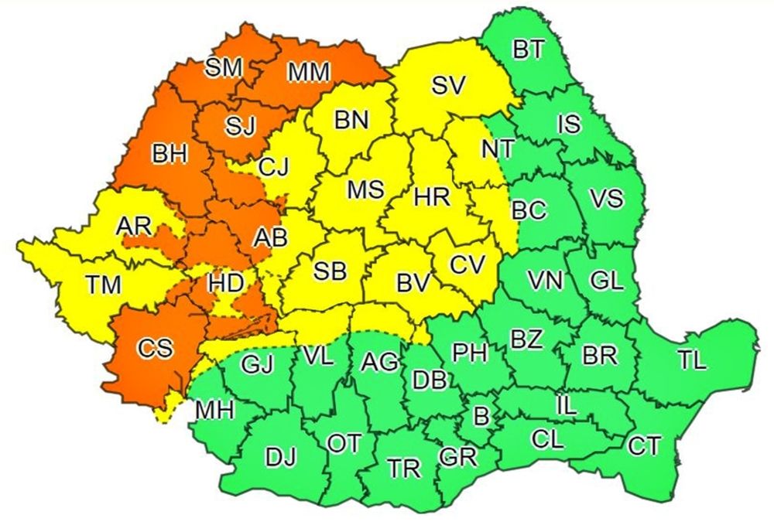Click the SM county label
[224, 68]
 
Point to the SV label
[448, 85]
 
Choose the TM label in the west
[104, 285]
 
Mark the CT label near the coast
[644, 446]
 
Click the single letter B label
[481, 418]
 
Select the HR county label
[432, 197]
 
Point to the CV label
[467, 264]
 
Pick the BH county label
[170, 155]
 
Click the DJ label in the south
[280, 458]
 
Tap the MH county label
[214, 410]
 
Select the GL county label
[606, 281]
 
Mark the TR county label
[403, 468]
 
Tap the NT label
[498, 149]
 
